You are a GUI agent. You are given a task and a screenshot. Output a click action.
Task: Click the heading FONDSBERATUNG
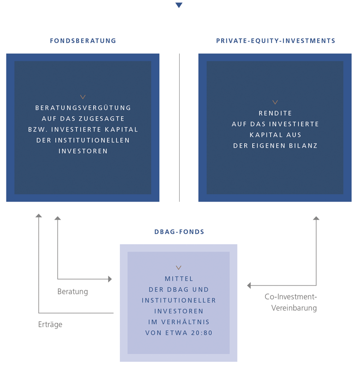coord(83,41)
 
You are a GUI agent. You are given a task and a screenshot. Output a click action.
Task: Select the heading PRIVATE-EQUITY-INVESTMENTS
coord(276,41)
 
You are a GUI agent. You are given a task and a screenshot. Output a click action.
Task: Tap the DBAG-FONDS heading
coord(179,232)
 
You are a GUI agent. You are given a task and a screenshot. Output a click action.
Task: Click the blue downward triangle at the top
coord(179,5)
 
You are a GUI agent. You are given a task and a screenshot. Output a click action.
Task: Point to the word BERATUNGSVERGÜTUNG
coord(83,108)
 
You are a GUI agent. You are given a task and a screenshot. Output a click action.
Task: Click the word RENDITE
coord(275,113)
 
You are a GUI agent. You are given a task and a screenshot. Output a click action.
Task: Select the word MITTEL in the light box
coord(179,279)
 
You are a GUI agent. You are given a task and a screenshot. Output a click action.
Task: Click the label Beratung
coord(72,292)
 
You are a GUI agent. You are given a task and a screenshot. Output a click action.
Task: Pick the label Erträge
coord(50,324)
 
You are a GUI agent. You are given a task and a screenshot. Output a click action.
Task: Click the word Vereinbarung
coord(294,308)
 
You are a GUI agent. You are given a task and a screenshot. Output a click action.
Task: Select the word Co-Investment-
coord(291,297)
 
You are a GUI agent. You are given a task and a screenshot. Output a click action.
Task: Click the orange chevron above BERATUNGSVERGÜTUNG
coord(83,97)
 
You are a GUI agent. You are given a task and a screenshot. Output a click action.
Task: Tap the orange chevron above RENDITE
coord(275,102)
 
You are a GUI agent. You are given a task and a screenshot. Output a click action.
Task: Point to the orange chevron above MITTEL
coord(178,268)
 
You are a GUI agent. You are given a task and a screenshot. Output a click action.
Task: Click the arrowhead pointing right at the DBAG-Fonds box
coord(110,279)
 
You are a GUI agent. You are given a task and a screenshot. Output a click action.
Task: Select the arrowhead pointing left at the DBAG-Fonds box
coord(249,285)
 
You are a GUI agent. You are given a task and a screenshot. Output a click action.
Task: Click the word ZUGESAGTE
coord(101,119)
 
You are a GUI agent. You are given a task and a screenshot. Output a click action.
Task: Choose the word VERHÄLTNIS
coord(185,322)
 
